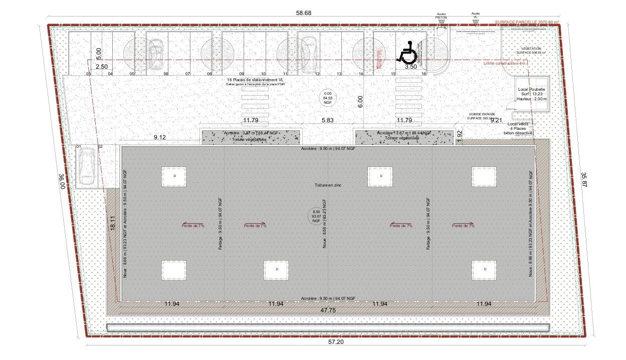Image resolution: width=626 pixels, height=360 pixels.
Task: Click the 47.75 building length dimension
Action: (328, 311)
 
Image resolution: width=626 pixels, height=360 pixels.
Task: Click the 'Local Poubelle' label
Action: (531, 89)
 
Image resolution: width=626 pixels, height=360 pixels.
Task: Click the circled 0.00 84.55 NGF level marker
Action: (328, 98)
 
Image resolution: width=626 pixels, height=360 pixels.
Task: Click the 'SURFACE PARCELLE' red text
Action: (526, 23)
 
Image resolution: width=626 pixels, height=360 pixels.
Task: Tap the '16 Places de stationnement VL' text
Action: (256, 80)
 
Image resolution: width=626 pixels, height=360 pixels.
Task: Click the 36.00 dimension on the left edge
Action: (62, 181)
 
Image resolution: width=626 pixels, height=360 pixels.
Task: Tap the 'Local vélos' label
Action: (519, 124)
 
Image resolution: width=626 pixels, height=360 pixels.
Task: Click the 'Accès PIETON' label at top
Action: (441, 16)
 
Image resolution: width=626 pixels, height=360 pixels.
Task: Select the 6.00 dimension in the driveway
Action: (359, 101)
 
